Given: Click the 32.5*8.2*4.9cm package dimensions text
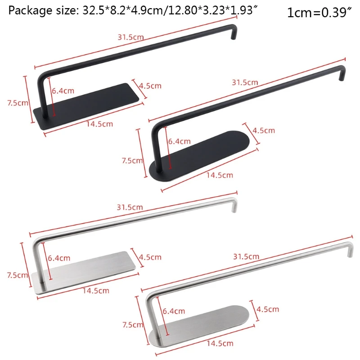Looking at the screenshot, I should tap(118, 11).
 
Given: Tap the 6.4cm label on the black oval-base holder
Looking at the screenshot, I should tap(180, 141).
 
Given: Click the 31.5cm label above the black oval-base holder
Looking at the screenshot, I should tap(245, 82).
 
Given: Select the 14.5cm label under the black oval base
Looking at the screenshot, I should tap(220, 175).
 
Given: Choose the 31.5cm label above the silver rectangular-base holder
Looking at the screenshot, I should tap(130, 207).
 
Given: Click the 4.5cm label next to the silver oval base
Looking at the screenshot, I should tap(268, 309).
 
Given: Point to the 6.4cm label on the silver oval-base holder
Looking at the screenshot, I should tap(174, 311).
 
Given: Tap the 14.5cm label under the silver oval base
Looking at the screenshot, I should tap(220, 343).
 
